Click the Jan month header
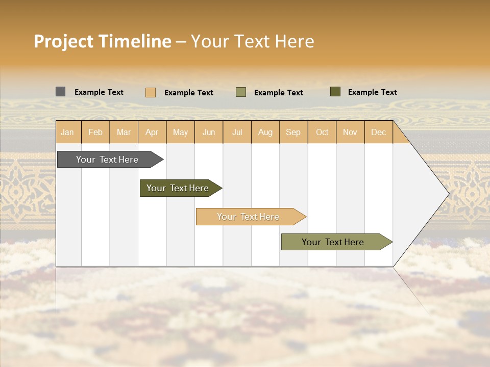[68, 132]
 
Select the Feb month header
[95, 132]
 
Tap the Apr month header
[152, 132]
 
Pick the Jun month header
[209, 132]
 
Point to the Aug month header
[265, 132]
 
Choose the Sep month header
[293, 132]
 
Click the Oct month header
[322, 132]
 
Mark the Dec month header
[379, 132]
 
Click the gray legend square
[60, 92]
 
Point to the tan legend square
[150, 92]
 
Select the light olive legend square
[241, 92]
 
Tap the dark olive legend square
[335, 92]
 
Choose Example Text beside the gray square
[99, 92]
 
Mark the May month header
[180, 132]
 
